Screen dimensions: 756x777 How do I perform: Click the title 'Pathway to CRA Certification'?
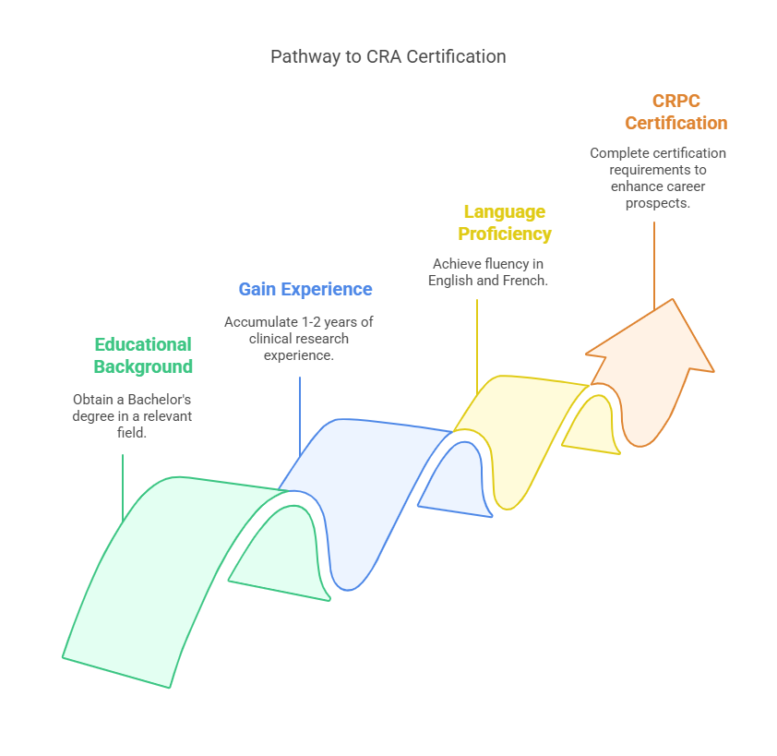[388, 56]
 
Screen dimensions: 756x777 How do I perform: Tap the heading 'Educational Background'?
[143, 355]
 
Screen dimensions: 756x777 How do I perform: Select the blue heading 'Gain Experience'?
[305, 289]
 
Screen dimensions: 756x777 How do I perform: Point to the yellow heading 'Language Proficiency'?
[505, 222]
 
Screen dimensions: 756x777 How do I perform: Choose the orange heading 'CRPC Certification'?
[675, 112]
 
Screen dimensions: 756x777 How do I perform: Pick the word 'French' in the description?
[523, 281]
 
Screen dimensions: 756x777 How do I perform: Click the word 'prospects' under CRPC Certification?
[658, 203]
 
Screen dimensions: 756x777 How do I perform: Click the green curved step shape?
[157, 572]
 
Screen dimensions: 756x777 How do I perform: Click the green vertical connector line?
[123, 489]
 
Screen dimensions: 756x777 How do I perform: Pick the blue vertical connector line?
[300, 415]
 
